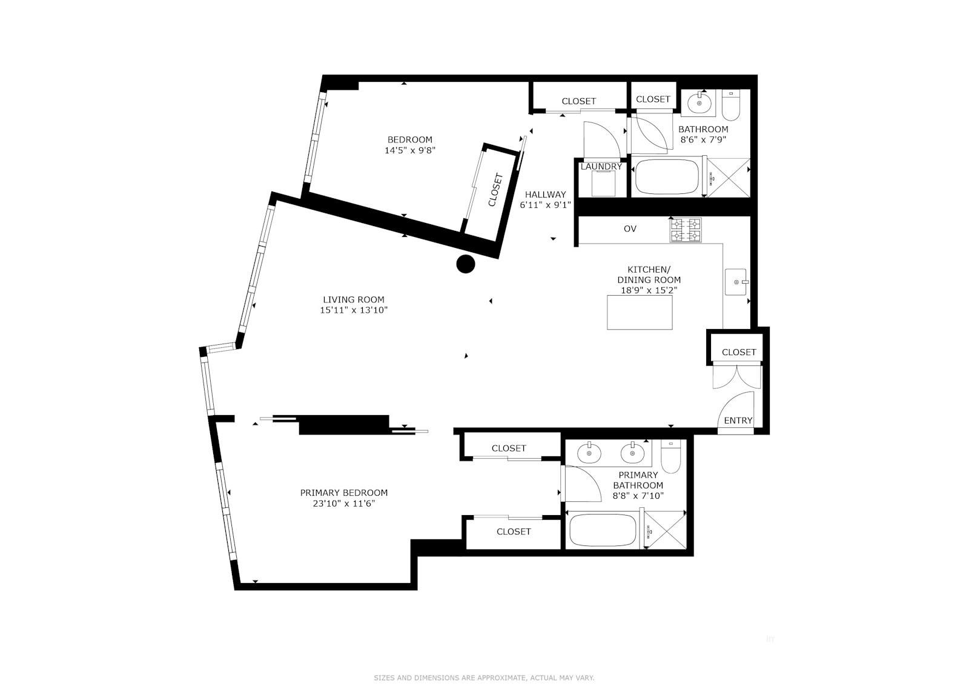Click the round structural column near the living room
[x=465, y=264]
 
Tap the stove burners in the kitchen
[x=686, y=230]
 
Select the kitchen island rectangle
[x=640, y=312]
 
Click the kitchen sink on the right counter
[x=737, y=282]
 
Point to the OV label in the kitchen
[x=630, y=229]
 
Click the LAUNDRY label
[x=601, y=167]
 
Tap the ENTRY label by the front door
[x=738, y=421]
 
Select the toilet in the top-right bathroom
[x=732, y=105]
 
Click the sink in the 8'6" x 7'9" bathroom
[x=701, y=103]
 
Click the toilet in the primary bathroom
[x=670, y=458]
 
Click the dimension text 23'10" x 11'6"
[x=344, y=504]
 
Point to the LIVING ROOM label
[x=353, y=299]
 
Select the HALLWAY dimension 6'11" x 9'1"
[x=545, y=205]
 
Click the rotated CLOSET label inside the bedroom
[x=495, y=190]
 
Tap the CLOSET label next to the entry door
[x=739, y=352]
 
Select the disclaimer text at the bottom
[x=484, y=661]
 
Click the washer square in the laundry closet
[x=603, y=184]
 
